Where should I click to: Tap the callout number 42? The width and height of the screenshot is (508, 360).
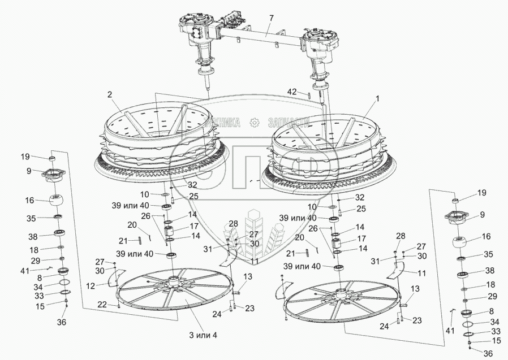(291, 91)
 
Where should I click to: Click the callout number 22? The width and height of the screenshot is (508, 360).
(101, 305)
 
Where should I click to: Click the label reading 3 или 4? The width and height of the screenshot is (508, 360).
(203, 335)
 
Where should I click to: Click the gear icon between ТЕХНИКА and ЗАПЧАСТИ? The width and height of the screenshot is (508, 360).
(255, 122)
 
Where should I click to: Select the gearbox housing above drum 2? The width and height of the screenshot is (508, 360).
(196, 28)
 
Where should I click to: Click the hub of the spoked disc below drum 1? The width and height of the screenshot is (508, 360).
(341, 293)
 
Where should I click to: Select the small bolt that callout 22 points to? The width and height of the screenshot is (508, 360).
(118, 306)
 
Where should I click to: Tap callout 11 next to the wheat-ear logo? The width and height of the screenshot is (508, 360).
(256, 262)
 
